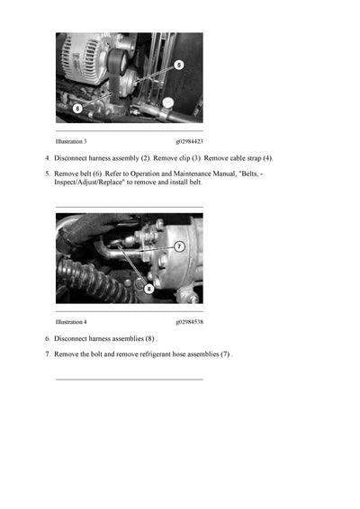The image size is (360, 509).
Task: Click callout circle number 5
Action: (178, 65)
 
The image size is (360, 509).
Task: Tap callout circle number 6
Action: (77, 108)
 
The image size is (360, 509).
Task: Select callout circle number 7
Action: (179, 246)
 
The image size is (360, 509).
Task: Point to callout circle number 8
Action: (148, 289)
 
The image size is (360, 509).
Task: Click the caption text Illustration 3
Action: (71, 141)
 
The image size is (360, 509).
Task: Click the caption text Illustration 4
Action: (71, 321)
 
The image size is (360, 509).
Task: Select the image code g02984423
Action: (189, 141)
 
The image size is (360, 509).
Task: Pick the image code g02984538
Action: (189, 321)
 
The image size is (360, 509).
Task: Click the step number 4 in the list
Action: (47, 158)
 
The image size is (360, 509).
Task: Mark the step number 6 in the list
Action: (47, 339)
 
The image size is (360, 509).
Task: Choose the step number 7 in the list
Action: (47, 354)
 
